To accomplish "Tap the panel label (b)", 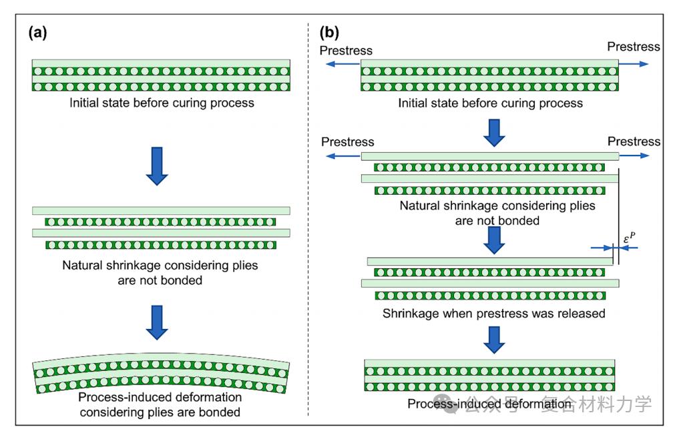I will [329, 33].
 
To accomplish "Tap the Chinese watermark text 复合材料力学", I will [596, 404].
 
